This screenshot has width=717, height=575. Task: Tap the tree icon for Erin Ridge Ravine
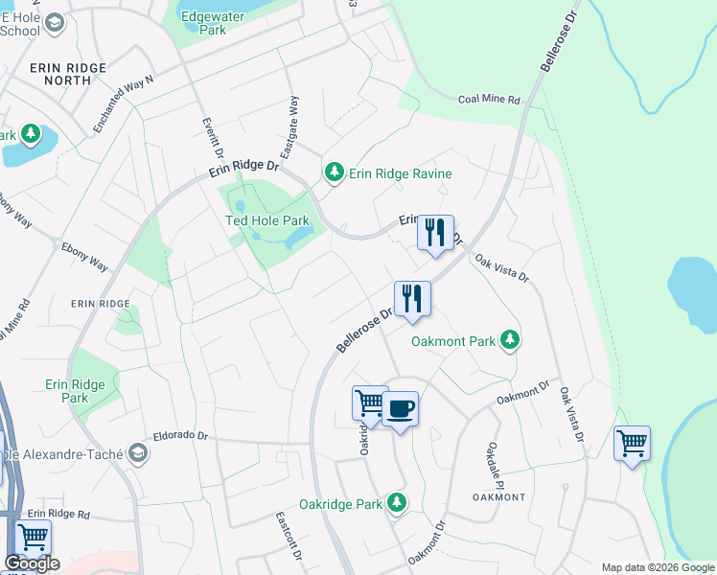334,173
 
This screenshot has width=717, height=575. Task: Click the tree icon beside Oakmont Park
511,340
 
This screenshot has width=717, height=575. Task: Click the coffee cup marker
400,409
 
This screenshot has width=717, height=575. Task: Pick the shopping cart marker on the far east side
631,444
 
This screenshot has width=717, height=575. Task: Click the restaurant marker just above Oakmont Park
412,298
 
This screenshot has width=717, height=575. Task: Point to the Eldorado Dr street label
175,435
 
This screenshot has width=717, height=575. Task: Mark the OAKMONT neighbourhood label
498,497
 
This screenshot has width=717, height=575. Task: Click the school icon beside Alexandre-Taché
138,452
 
